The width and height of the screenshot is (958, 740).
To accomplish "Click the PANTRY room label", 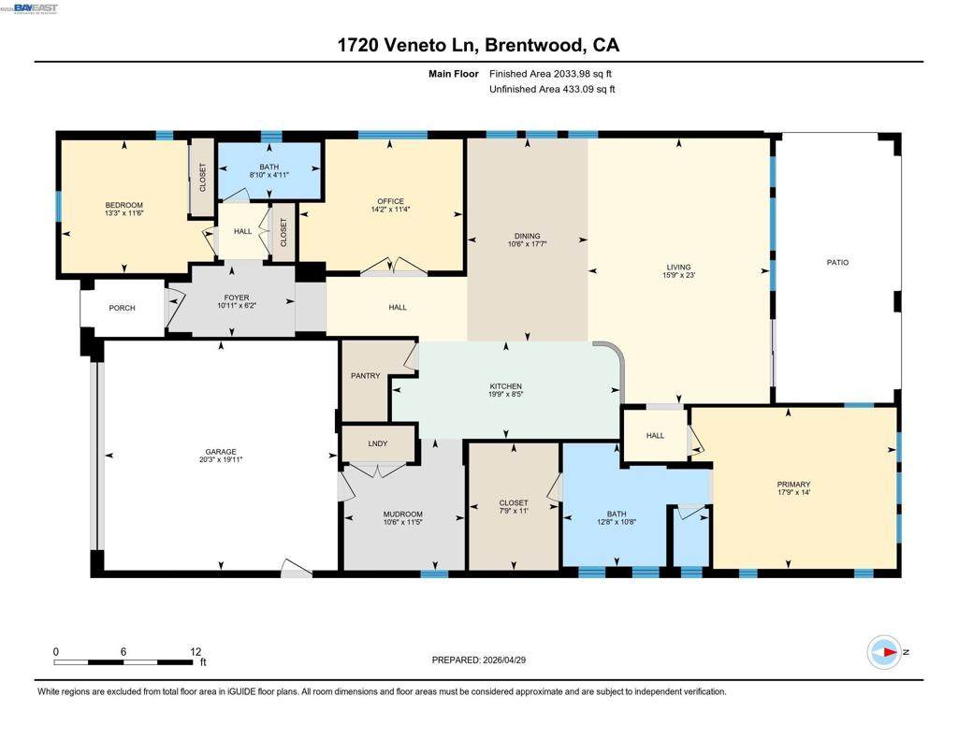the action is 366,376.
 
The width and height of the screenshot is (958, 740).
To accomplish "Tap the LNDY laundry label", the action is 378,443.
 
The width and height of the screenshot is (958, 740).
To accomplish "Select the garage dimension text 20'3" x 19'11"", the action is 221,459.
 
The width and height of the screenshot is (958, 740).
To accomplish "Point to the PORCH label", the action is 123,308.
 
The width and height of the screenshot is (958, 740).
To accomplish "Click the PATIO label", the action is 837,262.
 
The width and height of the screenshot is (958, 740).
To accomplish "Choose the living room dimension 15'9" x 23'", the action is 679,275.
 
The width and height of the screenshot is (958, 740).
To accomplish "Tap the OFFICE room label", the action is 390,201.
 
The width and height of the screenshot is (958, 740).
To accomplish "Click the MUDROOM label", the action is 402,515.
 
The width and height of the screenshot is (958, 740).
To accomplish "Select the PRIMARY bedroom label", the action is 793,485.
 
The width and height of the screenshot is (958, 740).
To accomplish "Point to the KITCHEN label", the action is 506,386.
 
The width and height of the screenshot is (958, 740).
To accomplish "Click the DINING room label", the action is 528,236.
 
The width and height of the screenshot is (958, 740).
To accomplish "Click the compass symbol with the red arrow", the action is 884,652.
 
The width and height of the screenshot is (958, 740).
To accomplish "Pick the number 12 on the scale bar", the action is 196,651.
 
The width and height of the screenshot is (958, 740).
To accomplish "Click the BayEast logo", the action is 35,7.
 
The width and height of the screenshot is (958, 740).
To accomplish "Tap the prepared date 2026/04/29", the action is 504,660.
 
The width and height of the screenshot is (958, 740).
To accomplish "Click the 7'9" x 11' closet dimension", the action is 514,511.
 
